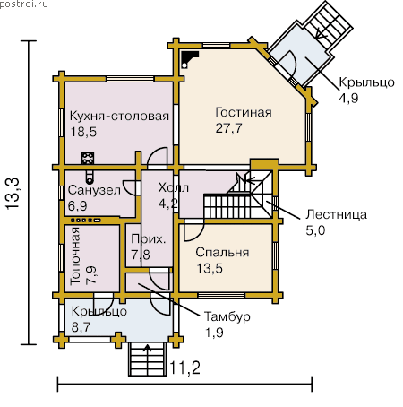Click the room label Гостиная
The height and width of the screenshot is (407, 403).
pos(244,113)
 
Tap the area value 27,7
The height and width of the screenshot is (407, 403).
pos(228,128)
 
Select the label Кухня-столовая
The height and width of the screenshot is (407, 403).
pos(119,116)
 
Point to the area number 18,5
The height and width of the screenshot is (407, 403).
pos(83,132)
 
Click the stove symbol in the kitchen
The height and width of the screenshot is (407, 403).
pos(88,158)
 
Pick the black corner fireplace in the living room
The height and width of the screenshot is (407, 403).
pos(189,58)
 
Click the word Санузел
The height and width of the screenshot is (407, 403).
pos(94,190)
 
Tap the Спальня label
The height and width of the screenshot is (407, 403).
pos(222,253)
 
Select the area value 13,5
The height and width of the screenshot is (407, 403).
pos(210,268)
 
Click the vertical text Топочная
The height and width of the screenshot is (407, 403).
pos(75,255)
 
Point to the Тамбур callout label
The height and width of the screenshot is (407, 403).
pos(227,317)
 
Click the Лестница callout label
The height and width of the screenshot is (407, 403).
pos(337,214)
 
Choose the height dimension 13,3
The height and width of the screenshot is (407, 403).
pos(13,194)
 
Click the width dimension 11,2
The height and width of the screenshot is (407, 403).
pos(185,368)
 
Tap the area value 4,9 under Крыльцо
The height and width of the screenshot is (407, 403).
pos(348,98)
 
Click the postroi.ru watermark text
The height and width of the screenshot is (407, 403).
pos(24,4)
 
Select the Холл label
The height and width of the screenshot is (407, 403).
pos(174,187)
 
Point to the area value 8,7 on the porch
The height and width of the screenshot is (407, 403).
pos(81,327)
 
